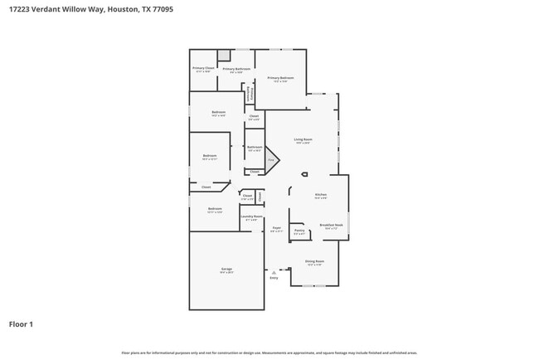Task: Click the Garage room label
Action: [x=226, y=270]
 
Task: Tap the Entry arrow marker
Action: [x=274, y=271]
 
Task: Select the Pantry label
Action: [x=299, y=231]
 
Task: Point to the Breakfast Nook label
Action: [x=332, y=226]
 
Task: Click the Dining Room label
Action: [x=314, y=262]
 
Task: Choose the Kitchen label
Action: [x=320, y=196]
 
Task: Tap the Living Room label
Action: [x=303, y=140]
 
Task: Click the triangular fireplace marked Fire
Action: [x=270, y=159]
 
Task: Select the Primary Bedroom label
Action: [x=279, y=79]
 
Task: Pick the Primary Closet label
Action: [x=203, y=69]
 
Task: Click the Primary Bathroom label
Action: [x=236, y=70]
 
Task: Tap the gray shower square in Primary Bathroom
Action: [x=224, y=55]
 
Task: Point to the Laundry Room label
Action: [x=251, y=217]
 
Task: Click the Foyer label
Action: [x=277, y=228]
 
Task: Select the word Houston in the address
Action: [x=121, y=10]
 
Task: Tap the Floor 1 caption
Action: [x=21, y=324]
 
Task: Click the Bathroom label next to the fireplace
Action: [x=254, y=148]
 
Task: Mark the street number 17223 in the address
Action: [x=20, y=10]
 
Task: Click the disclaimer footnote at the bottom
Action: [x=269, y=353]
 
